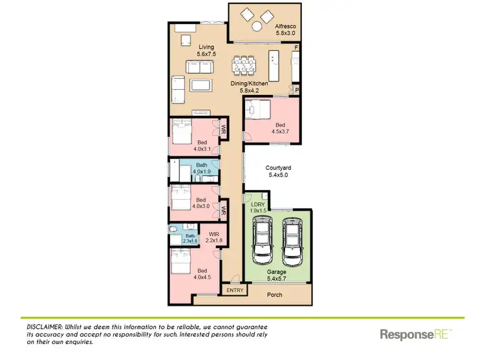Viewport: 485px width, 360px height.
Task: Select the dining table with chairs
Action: pos(245,65)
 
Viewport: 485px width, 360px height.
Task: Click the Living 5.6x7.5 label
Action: pos(206,50)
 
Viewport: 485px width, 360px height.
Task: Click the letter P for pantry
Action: pos(297,91)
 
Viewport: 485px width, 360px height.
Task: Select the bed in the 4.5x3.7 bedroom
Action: pos(259,111)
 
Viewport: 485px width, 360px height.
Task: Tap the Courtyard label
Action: pos(279,172)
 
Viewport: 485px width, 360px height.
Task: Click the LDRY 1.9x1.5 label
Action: pos(258,208)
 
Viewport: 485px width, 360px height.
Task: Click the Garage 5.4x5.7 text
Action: pos(277,276)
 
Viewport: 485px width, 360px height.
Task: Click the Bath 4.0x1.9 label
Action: pos(202,169)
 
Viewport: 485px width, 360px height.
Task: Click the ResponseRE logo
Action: pos(415,334)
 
